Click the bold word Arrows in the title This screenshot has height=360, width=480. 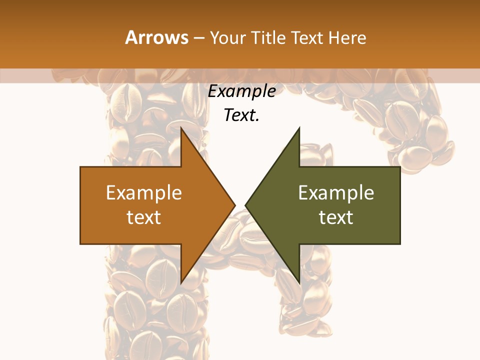156,37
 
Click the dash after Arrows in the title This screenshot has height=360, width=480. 198,38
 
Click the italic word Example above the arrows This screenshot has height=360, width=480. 242,91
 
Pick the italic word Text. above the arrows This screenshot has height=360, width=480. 242,115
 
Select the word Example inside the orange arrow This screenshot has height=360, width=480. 144,193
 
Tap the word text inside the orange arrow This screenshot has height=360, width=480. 144,217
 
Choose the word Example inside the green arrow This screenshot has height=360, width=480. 336,193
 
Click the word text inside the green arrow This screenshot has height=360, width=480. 336,217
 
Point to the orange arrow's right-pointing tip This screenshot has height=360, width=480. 235,205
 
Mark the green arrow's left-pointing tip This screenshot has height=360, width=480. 245,205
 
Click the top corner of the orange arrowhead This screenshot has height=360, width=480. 181,128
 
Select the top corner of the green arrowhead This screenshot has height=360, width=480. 299,128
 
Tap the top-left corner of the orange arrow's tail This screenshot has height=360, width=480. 81,167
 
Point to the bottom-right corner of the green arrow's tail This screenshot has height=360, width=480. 400,243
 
